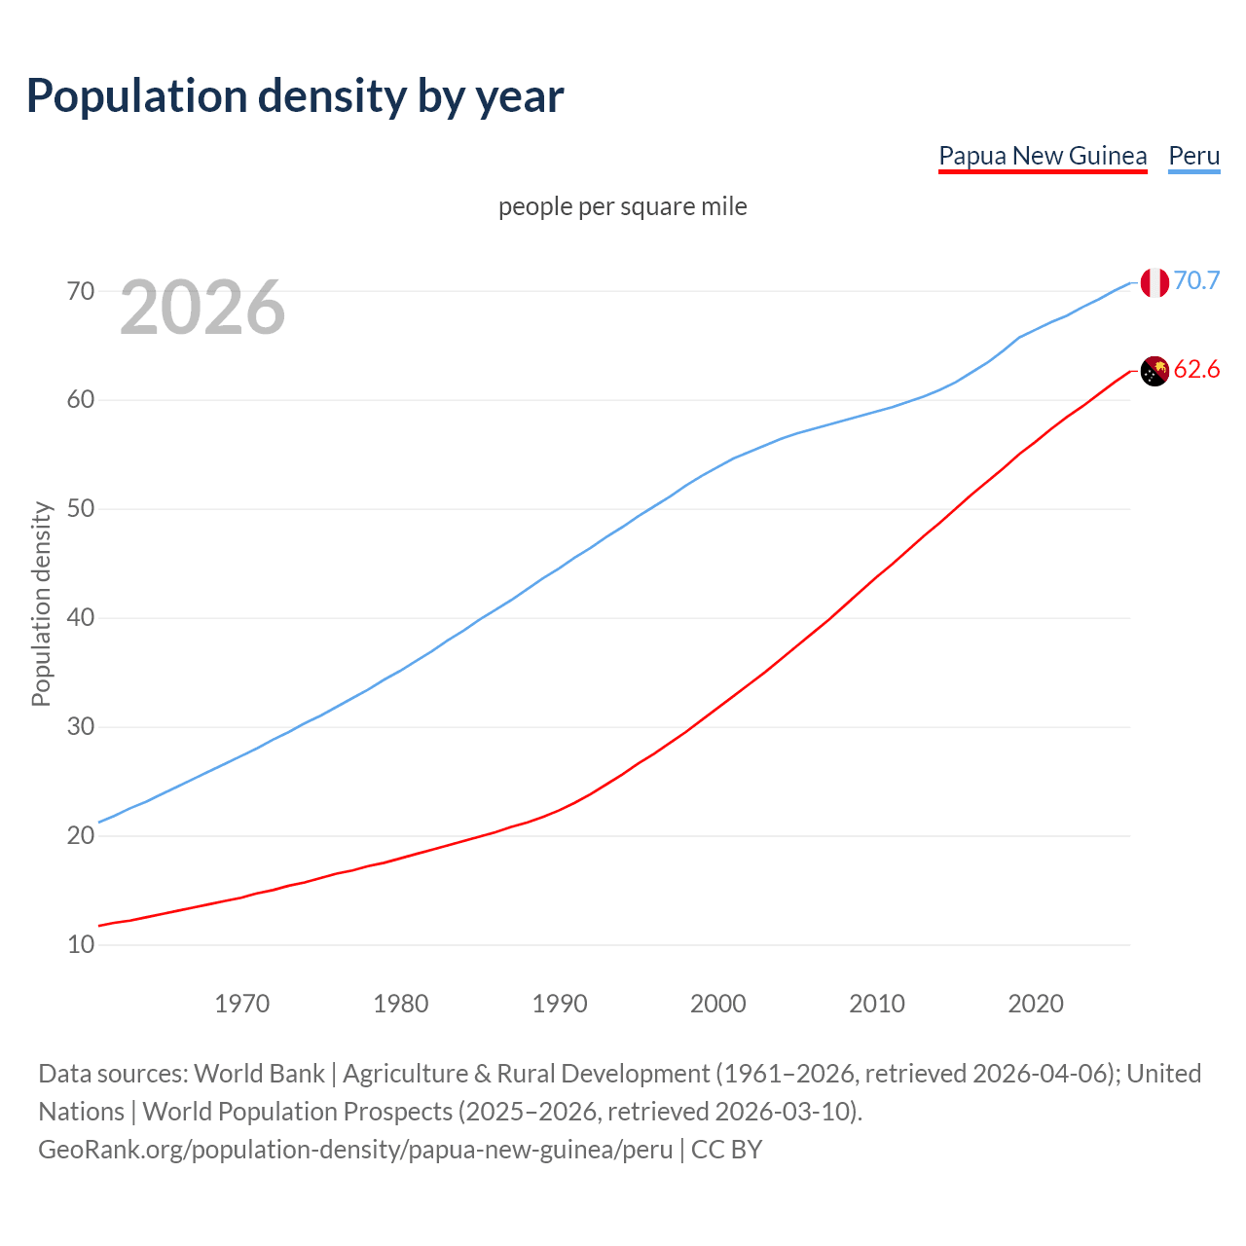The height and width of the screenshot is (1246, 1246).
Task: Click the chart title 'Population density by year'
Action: click(x=295, y=96)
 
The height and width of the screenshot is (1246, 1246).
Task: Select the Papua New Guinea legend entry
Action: click(x=1043, y=156)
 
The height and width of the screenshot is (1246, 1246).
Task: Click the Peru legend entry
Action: click(x=1193, y=156)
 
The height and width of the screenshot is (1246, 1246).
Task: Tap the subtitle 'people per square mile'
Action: click(x=622, y=207)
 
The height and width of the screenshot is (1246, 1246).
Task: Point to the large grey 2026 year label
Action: click(x=202, y=308)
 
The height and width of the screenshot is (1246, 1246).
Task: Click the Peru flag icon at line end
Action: click(x=1154, y=282)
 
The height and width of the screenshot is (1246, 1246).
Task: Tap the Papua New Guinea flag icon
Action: click(x=1154, y=371)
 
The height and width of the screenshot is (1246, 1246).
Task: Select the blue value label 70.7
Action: click(x=1196, y=281)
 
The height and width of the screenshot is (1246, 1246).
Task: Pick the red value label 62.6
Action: click(x=1196, y=370)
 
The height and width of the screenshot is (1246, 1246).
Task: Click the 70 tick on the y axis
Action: click(x=81, y=291)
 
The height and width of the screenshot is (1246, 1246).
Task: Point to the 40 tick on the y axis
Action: click(x=81, y=618)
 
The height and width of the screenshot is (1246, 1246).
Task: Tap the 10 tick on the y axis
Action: click(x=81, y=945)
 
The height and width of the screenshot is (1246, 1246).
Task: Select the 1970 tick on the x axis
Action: click(x=241, y=1004)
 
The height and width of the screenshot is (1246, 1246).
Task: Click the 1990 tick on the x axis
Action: click(x=560, y=1004)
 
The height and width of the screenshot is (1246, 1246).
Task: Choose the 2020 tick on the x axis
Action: click(x=1036, y=1004)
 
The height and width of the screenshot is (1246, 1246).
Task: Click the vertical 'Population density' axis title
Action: click(x=41, y=604)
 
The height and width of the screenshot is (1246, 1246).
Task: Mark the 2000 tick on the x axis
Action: click(x=718, y=1004)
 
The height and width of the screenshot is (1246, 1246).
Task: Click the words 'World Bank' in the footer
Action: click(x=259, y=1074)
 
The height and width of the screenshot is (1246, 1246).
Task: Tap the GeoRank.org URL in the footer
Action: click(x=355, y=1150)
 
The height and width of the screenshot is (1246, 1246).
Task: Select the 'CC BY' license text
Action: click(x=726, y=1150)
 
